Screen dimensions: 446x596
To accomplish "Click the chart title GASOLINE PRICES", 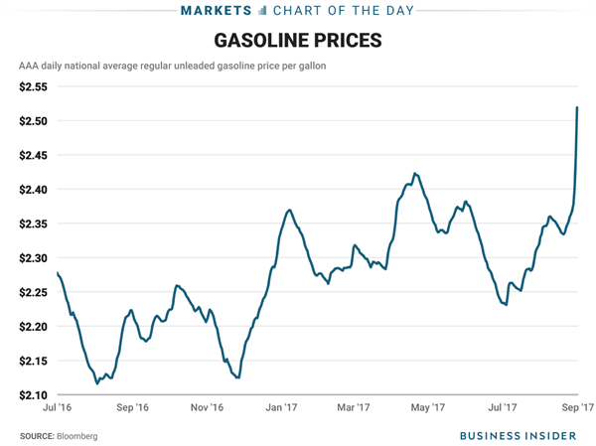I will click(297, 42).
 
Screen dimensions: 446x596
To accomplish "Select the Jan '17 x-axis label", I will click(282, 408).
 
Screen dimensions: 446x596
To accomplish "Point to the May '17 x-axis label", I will click(429, 408).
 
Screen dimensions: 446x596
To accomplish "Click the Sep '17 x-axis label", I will click(578, 408).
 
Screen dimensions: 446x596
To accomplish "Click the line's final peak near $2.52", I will click(577, 107).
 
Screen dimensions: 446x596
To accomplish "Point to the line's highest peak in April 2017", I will click(414, 174).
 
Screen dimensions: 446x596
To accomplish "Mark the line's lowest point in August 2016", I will click(96, 382).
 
